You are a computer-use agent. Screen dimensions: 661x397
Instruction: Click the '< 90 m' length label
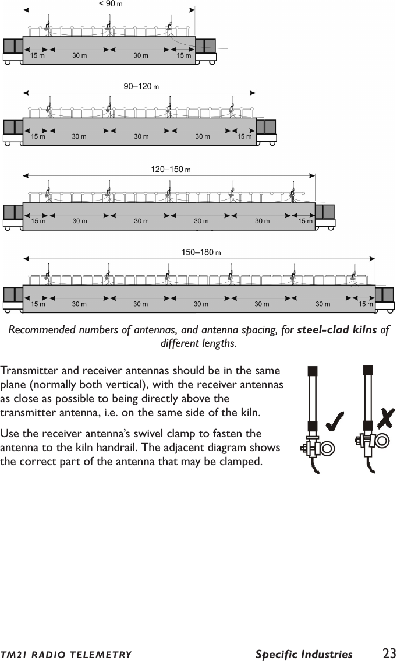[x=111, y=3]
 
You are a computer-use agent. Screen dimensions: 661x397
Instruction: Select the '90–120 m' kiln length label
[x=141, y=86]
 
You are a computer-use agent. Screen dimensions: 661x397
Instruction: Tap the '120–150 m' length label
[x=171, y=170]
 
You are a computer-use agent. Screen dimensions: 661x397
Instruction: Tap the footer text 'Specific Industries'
[x=303, y=654]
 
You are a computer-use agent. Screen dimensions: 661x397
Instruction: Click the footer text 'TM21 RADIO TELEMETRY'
[x=66, y=655]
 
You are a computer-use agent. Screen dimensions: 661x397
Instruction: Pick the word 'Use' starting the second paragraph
[x=10, y=434]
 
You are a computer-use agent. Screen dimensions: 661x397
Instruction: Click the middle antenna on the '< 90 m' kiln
[x=108, y=26]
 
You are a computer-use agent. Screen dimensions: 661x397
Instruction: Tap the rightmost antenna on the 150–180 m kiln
[x=355, y=275]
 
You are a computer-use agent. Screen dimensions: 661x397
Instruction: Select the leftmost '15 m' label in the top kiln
[x=37, y=56]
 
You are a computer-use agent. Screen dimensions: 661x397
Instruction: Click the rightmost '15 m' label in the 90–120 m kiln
[x=244, y=137]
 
